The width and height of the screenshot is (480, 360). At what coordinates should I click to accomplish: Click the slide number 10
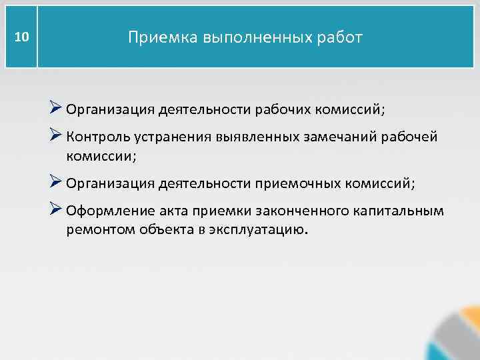coord(21,37)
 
